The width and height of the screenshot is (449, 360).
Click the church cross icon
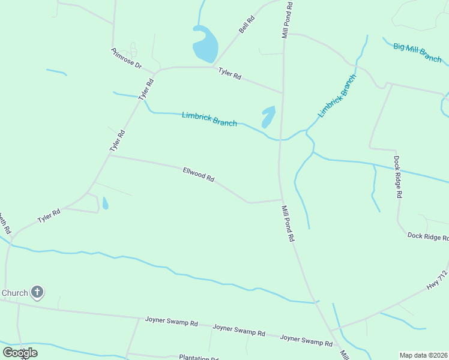(x=37, y=293)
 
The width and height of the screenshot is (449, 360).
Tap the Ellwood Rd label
(x=199, y=175)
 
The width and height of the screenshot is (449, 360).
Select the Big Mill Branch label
(x=418, y=52)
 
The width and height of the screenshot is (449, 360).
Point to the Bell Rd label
(x=247, y=25)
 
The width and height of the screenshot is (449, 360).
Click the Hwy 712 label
(x=438, y=283)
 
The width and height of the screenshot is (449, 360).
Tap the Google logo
(x=20, y=352)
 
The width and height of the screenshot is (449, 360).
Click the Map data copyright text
(x=423, y=355)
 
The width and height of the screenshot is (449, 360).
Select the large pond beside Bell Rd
(x=205, y=45)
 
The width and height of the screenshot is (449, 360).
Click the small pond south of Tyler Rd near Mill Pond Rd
(x=268, y=116)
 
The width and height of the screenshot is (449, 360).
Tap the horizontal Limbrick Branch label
(x=209, y=119)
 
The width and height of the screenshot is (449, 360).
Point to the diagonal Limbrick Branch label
(x=337, y=95)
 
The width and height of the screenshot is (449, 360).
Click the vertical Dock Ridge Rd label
(x=397, y=177)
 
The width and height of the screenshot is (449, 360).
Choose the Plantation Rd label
(x=198, y=358)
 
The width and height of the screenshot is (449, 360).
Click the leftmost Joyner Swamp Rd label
(x=171, y=322)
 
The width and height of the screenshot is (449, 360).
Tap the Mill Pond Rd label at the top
(x=288, y=20)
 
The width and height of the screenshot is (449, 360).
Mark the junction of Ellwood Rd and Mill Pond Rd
(x=281, y=200)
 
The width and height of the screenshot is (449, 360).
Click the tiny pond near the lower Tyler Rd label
(x=105, y=203)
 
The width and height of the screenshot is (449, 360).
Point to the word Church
(x=15, y=293)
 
